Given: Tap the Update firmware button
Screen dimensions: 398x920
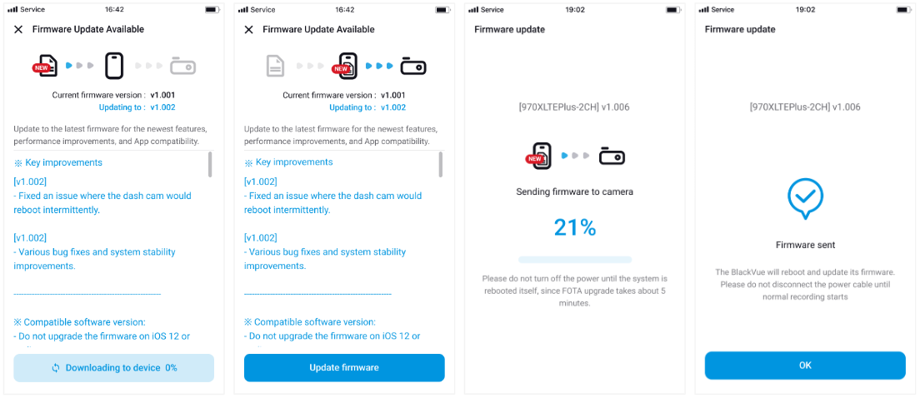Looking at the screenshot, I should pos(344,367).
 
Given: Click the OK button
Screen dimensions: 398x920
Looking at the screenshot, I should pos(804,365).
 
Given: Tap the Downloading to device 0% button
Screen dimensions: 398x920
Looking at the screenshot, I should pos(113,367).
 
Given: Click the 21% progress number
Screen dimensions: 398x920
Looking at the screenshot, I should pos(575,227).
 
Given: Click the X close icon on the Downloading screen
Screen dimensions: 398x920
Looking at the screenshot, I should pos(18,29).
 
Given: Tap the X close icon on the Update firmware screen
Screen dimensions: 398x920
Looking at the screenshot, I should pos(248,29).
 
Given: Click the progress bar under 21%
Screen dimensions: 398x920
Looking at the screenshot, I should pos(575,260).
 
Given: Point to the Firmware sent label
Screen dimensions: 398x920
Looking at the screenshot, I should pos(805,245).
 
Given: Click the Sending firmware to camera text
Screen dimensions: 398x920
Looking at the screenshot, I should pos(575,192).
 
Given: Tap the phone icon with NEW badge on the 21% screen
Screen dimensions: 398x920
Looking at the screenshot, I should pos(539,156).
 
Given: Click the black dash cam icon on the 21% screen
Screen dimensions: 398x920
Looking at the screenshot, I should pos(612,156).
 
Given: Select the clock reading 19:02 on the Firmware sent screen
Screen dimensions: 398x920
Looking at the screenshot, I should pos(805,9).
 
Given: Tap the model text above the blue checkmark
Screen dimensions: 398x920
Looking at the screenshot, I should pos(805,107).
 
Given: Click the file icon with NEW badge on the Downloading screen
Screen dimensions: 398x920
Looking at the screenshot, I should pos(46,65).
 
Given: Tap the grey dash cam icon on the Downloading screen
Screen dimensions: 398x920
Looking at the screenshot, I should pos(182,65).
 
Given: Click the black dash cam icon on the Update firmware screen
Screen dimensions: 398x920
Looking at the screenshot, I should pos(413,65).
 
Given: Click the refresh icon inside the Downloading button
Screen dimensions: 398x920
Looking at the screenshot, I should pos(56,368).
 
